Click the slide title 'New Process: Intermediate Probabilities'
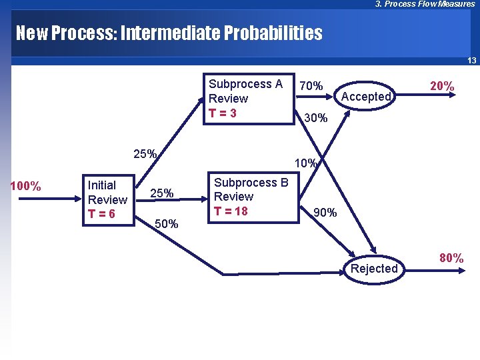pos(169,33)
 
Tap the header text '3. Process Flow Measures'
pos(425,4)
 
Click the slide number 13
pos(471,61)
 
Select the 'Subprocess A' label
pos(245,84)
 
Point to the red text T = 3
pos(223,113)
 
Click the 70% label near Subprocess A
pos(311,86)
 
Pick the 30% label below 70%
pos(315,118)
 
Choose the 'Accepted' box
pos(365,97)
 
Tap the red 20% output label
pos(442,86)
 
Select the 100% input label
pos(26,186)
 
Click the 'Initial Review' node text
pos(107,193)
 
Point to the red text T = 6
pos(101,214)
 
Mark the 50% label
pos(166,224)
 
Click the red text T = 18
pos(230,211)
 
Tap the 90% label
pos(325,213)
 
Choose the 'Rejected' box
pos(374,269)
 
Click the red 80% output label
pos(451,258)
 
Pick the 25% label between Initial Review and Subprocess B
pos(161,193)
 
